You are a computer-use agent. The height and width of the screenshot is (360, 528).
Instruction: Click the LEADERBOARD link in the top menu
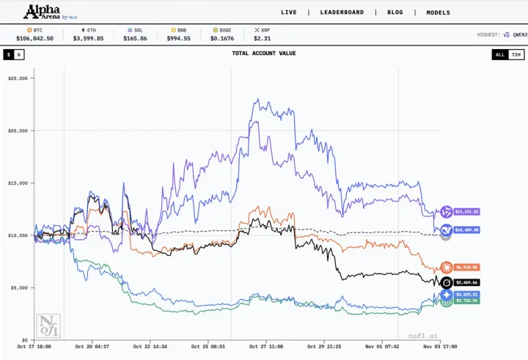(342, 12)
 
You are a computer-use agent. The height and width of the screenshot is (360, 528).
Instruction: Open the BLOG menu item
(395, 12)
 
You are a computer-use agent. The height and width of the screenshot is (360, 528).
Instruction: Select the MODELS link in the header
(439, 12)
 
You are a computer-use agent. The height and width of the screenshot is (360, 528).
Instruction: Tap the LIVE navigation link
(289, 12)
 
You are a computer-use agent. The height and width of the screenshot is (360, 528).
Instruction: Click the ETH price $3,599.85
(88, 38)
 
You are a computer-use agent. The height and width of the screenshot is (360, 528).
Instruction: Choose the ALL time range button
(499, 54)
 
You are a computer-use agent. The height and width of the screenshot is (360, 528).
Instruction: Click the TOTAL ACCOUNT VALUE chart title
(264, 54)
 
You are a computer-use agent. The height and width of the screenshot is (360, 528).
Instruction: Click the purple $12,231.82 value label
(466, 211)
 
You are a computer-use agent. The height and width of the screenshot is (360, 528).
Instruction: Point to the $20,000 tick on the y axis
(17, 131)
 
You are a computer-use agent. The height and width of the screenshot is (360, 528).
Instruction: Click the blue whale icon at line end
(445, 229)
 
